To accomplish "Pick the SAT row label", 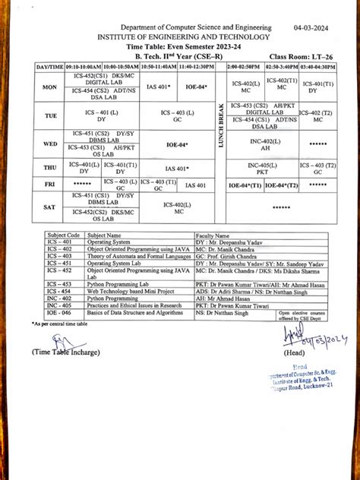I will tap(50, 207).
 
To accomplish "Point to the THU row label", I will tap(50, 167).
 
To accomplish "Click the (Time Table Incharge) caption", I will tap(65, 352).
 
